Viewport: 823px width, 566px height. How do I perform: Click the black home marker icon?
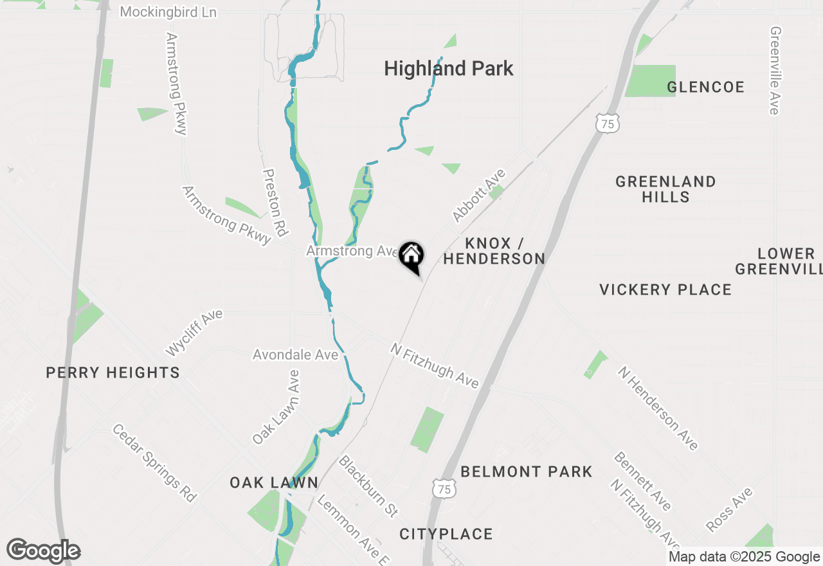point(411,257)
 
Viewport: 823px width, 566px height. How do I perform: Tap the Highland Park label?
point(448,69)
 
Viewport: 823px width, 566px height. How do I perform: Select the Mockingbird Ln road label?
point(168,12)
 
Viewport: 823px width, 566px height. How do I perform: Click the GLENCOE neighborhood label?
point(705,87)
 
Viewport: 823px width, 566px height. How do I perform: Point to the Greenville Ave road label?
point(775,71)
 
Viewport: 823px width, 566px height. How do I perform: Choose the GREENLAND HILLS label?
point(665,189)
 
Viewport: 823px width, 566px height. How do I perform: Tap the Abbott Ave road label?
point(479,196)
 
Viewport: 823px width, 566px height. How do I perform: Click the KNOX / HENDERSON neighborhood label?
point(494,251)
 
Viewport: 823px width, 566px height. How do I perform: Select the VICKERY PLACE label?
point(665,289)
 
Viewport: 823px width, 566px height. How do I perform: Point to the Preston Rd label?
point(275,203)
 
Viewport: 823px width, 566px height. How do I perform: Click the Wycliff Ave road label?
point(194,333)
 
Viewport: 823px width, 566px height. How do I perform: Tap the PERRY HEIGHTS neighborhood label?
point(113,372)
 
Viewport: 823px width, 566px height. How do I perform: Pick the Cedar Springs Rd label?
point(154,462)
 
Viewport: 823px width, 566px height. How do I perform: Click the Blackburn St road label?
point(368,487)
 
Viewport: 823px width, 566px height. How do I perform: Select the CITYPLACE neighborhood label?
point(446,534)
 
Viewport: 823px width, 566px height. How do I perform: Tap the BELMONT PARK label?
point(527,471)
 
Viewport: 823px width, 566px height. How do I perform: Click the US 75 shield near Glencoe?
point(608,123)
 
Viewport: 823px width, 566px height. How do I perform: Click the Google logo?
point(44,551)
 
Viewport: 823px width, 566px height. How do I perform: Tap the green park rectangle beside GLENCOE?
point(651,80)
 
